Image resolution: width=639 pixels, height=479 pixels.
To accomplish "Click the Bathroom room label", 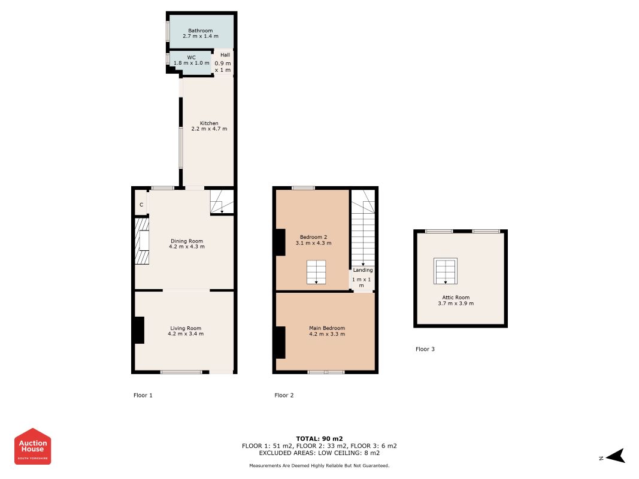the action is coord(201,31).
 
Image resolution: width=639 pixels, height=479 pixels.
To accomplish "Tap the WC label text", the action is coord(191,57).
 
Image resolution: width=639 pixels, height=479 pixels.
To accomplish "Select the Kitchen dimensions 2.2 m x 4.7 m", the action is coord(209,129).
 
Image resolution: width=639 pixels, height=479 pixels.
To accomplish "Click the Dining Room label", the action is coord(187,241).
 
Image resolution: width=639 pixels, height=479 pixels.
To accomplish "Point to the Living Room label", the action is coord(186,328).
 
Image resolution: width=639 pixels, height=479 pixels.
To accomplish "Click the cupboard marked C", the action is coord(141,204).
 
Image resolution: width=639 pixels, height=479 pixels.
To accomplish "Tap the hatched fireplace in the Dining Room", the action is coord(142,241).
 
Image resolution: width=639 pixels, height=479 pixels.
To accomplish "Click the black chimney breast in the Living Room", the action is coord(140,330).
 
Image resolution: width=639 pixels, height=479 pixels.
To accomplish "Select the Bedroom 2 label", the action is coord(313,237).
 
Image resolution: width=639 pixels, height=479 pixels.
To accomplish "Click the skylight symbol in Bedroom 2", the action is coord(316,272).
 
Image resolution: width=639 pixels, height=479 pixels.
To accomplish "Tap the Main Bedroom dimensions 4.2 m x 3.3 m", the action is coord(327,334).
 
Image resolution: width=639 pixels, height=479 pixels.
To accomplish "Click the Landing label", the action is coord(363,270).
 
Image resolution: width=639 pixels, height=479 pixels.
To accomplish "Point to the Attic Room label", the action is coord(456,298).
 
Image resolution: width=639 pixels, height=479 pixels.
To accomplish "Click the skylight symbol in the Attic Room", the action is coord(446,271).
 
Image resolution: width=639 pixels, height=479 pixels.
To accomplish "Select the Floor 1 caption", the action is coord(143,395).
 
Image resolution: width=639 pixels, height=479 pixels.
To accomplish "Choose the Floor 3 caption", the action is coord(425,349).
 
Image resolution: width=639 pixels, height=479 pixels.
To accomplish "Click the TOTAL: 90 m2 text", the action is coord(320,439).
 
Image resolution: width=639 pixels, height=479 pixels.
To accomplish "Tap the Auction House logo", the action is coord(32,447).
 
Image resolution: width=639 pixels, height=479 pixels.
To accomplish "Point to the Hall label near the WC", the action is coord(225,55).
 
